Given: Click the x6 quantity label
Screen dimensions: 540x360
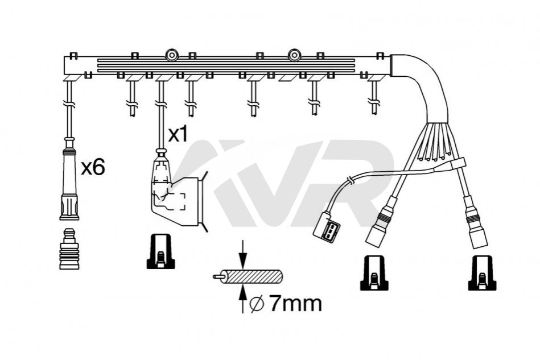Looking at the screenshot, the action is click(x=93, y=168).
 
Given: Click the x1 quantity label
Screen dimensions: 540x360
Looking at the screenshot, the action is click(x=178, y=135).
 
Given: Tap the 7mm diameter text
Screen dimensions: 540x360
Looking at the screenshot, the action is click(x=295, y=303).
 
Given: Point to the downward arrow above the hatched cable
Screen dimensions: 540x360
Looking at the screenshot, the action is click(x=243, y=254).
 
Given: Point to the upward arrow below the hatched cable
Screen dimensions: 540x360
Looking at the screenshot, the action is click(x=243, y=299).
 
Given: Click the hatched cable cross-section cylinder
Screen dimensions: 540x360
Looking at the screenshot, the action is click(x=248, y=276).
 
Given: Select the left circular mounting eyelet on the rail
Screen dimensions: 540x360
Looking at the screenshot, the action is click(x=171, y=55).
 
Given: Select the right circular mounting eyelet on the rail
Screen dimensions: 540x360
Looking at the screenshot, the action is click(x=294, y=55).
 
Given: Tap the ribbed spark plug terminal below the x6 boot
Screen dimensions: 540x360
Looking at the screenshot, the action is click(x=69, y=249).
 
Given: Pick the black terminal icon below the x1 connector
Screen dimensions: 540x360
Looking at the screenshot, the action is click(x=160, y=251).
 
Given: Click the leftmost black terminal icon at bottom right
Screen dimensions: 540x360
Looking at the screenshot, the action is click(x=374, y=273).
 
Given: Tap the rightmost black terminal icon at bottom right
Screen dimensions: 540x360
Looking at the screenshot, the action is click(x=482, y=273).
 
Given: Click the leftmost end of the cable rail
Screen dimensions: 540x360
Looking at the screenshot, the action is click(x=64, y=65).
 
